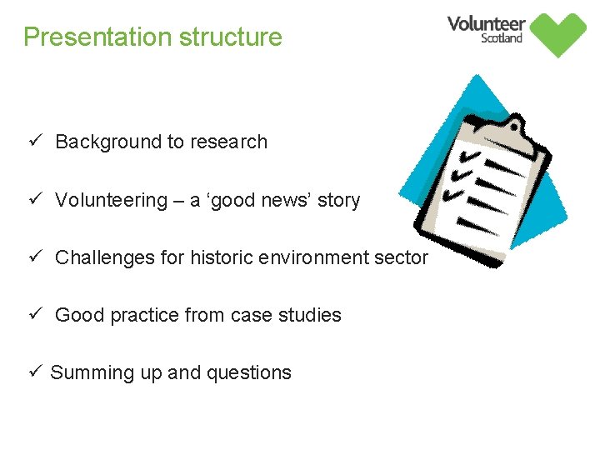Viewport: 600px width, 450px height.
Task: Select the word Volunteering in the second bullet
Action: [x=111, y=201]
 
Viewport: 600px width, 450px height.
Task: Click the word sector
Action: [x=402, y=258]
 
